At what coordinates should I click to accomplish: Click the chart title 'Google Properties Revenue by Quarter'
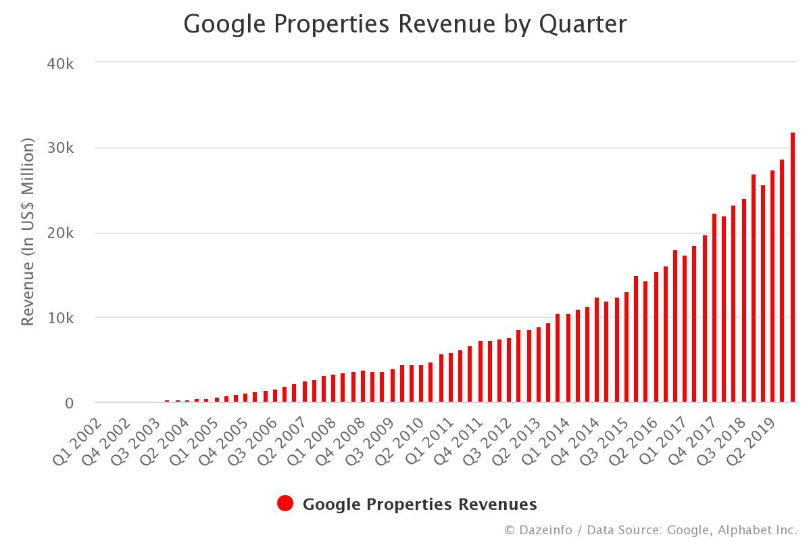tap(405, 24)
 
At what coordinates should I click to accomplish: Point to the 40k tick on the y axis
tap(61, 64)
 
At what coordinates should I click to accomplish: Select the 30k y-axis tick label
tap(61, 149)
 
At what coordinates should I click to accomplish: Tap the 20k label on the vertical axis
tap(61, 233)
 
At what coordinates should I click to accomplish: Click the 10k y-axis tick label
tap(61, 318)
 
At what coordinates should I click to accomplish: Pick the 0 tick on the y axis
tap(70, 403)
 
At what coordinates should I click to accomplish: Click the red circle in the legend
tap(285, 504)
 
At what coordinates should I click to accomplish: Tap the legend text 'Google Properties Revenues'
tap(420, 504)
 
